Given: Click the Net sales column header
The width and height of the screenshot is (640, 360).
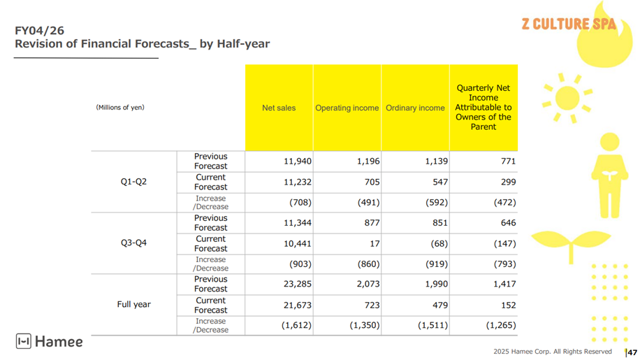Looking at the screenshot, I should [278, 108].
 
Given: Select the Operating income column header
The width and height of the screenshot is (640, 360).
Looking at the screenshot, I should [347, 108].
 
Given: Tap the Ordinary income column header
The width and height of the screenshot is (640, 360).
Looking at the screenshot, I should [415, 108].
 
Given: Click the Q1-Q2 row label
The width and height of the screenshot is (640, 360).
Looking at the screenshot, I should [133, 182].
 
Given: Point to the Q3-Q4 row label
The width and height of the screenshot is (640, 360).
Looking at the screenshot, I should [133, 243].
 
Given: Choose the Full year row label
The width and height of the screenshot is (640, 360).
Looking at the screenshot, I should [133, 305].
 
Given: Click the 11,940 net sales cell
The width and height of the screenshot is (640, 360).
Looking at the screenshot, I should [298, 161].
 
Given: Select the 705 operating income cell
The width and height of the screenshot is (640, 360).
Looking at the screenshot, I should [372, 182].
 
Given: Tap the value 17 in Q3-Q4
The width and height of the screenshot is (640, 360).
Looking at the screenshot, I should [375, 244].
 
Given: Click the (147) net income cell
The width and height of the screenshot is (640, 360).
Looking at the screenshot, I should [504, 244].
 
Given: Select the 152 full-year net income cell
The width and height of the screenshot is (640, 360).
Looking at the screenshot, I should [508, 305].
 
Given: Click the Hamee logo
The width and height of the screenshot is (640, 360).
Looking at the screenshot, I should [49, 341].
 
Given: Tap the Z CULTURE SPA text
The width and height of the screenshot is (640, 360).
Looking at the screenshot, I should [568, 24].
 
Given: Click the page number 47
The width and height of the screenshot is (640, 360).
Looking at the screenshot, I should [632, 352].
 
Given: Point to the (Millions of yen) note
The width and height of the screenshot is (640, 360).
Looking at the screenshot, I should [120, 108].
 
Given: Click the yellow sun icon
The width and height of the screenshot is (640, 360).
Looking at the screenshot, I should [567, 98].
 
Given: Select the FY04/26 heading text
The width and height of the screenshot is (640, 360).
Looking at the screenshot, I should [40, 31].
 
